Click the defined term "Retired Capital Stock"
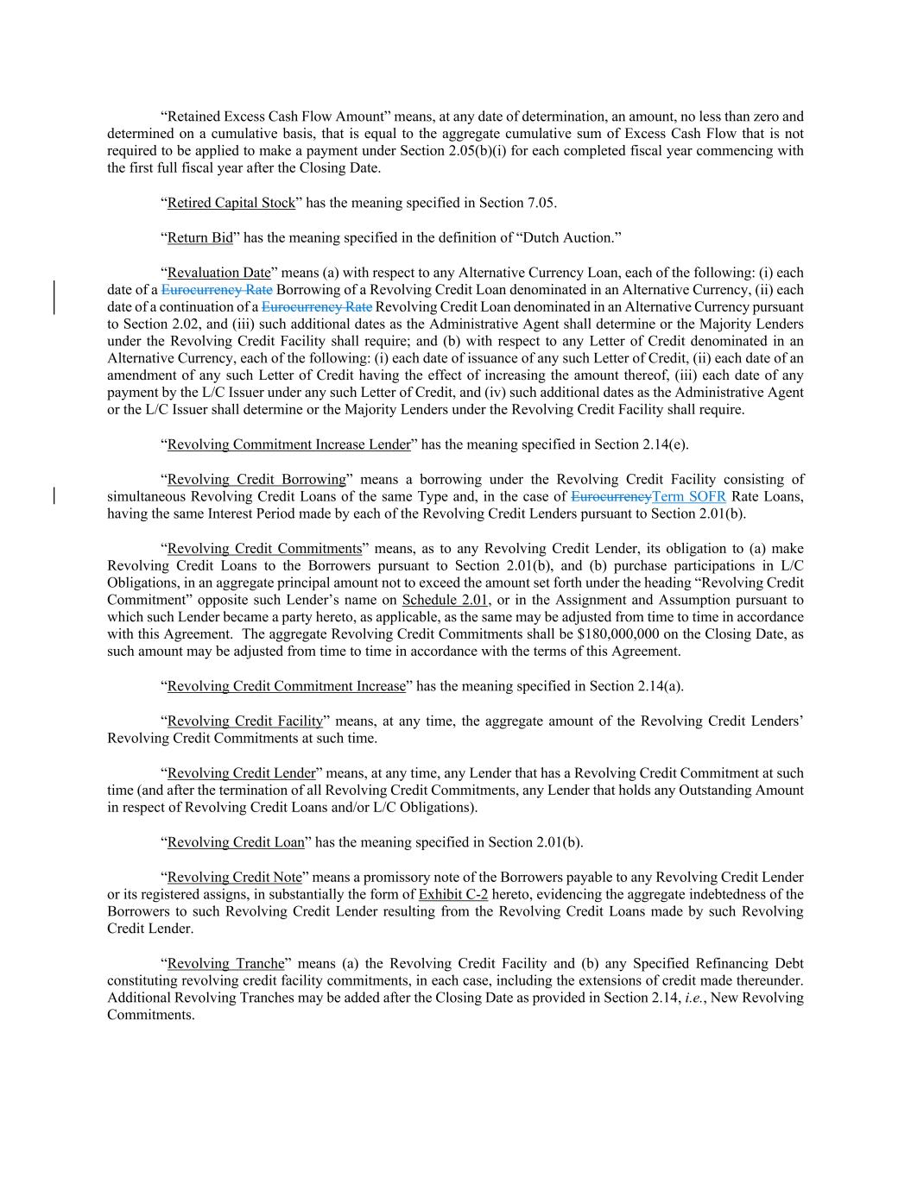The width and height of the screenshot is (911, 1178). click(231, 203)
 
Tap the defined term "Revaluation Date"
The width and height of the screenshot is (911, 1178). click(218, 273)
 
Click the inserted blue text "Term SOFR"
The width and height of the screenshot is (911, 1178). click(689, 496)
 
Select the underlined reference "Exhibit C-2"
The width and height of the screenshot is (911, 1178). click(452, 894)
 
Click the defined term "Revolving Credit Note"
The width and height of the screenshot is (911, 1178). click(234, 877)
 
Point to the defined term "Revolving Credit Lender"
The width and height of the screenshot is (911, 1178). click(241, 773)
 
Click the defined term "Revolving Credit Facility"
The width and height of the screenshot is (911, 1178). click(245, 721)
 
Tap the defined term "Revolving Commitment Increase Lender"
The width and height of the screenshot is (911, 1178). click(288, 444)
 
